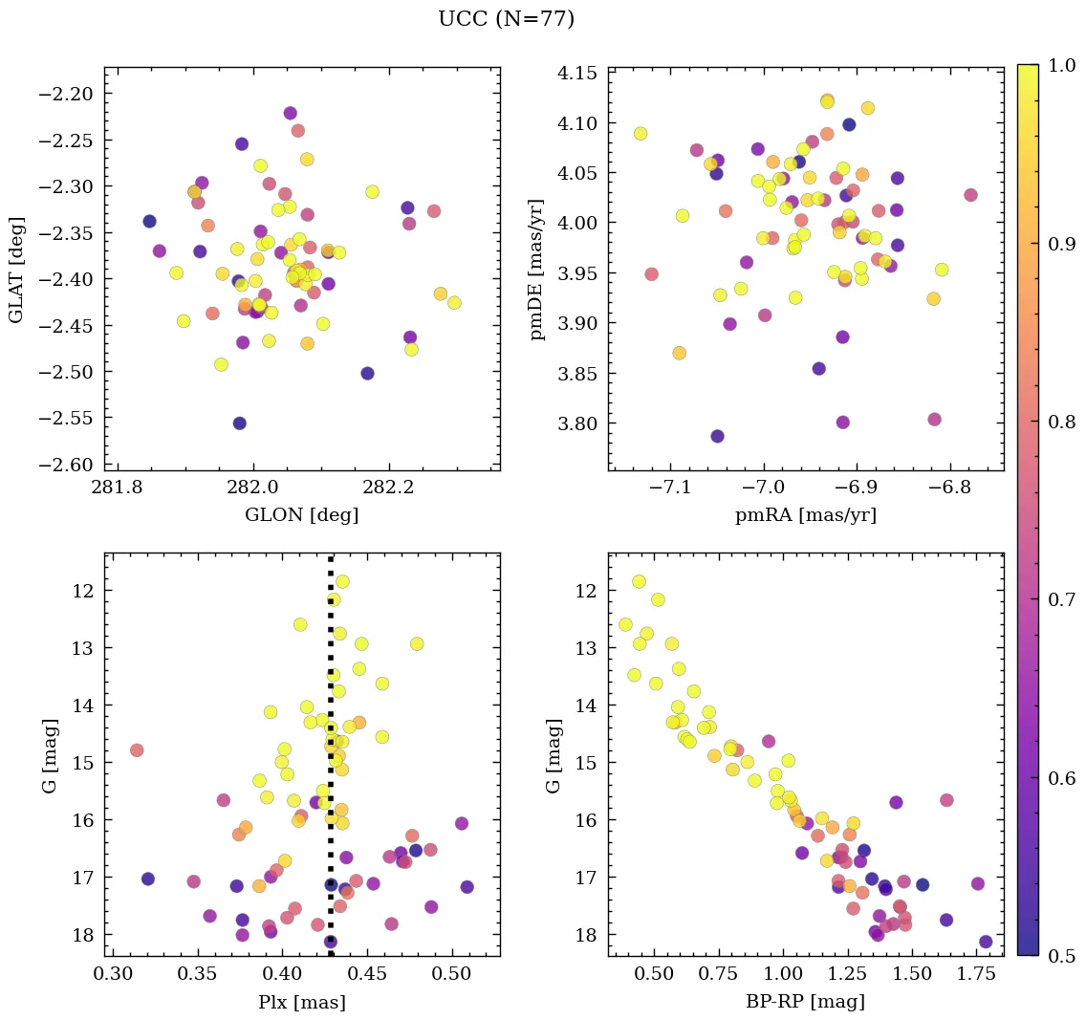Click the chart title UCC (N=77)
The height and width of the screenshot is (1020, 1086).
coord(506,19)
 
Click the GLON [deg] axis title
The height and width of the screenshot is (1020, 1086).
coord(302,515)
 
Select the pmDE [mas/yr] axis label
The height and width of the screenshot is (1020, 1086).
coord(537,269)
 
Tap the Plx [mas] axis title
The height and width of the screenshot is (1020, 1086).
coord(302,1002)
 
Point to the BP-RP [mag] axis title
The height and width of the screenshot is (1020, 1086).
coord(806,1002)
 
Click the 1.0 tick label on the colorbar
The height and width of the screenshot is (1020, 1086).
coord(1061,65)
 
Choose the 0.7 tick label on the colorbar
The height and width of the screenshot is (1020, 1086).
coord(1061,599)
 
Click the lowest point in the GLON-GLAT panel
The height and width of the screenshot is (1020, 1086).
coord(239,423)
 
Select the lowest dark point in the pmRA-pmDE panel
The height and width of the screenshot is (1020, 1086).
coord(717,436)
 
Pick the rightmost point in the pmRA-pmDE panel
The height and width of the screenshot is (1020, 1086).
coord(971,195)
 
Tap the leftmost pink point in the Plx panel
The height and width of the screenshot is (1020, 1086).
coord(137,750)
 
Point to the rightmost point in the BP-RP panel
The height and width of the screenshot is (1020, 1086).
coord(986,942)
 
